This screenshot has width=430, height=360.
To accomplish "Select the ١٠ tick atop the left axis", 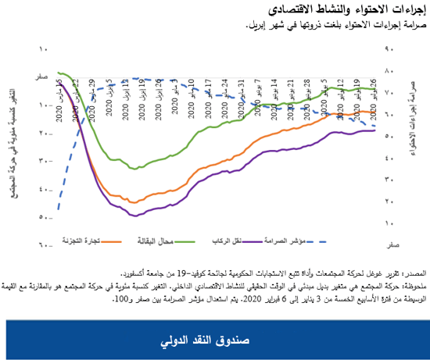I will coord(44,49).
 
